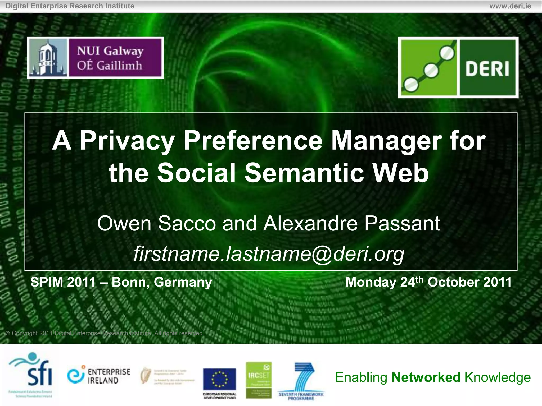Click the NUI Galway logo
95,58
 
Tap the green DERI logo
458,68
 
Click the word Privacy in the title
127,141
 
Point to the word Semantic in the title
304,173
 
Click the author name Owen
124,224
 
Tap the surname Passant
402,224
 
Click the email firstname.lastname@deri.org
269,254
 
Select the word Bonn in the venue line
129,282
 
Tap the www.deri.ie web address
510,6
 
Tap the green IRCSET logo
259,380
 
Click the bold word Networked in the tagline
426,377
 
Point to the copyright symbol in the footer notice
8,333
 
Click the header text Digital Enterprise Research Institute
70,6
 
